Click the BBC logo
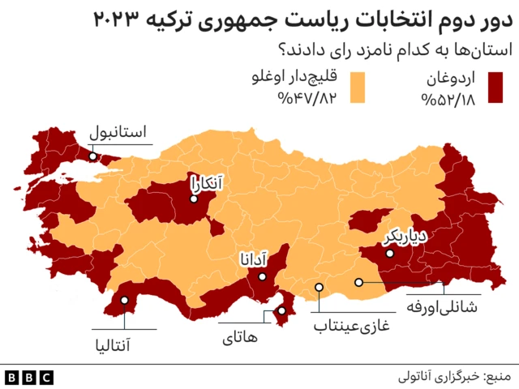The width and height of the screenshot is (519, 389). tap(29, 377)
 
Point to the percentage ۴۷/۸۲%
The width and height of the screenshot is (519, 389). tap(306, 100)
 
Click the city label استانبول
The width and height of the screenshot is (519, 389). tap(118, 131)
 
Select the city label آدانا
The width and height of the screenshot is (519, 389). tap(253, 259)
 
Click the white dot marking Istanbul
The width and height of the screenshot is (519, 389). tap(93, 156)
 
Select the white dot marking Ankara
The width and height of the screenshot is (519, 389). tap(194, 197)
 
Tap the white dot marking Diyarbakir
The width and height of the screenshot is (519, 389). tap(390, 254)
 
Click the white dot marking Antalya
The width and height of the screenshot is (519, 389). tap(125, 301)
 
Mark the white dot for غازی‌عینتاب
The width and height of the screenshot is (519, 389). tap(320, 287)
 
